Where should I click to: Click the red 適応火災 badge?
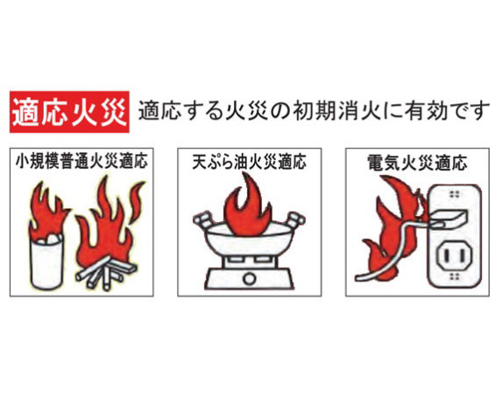coord(69,112)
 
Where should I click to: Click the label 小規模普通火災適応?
coord(81,162)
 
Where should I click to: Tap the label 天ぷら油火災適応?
coord(250,162)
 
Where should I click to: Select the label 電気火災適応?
coord(417,163)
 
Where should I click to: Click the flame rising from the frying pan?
coord(248,205)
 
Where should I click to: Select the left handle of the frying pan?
coord(202,219)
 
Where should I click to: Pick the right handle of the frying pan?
coord(295,219)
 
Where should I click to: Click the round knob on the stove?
coord(249,278)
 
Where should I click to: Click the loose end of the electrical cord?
coord(359,277)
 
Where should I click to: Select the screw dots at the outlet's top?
coord(454,194)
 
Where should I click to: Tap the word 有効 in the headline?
coord(426,111)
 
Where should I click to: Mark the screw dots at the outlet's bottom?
coord(455,275)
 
